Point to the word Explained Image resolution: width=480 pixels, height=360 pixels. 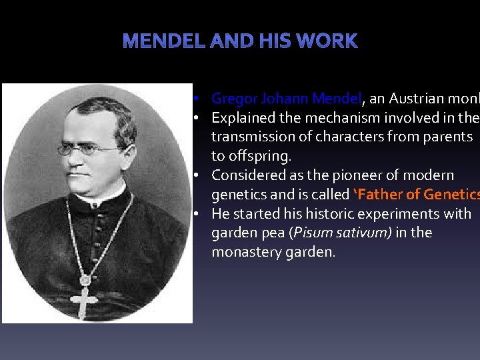(x=243, y=118)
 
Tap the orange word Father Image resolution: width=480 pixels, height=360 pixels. (x=383, y=195)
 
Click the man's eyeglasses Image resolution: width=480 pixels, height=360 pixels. (x=88, y=149)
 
